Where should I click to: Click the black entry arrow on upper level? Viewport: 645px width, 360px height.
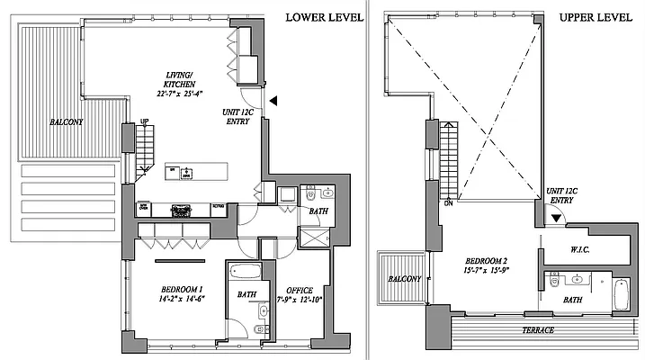pos(557,217)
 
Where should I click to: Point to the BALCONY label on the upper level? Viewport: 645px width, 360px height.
pos(404,279)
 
